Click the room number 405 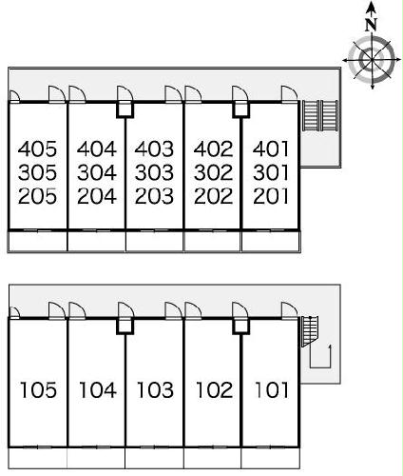coord(37,149)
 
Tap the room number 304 coord(97,172)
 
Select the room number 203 coord(154,196)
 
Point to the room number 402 coord(213,149)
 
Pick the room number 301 coord(271,172)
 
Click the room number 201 coord(271,196)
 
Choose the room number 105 coord(38,390)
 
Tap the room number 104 coord(98,390)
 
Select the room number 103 coord(155,390)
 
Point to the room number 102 coord(214,390)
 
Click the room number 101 coord(272,390)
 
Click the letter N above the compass coord(371,25)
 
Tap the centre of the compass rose coord(372,60)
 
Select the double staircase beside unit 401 coord(320,115)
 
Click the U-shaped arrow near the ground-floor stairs coord(320,367)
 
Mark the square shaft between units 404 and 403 coord(125,109)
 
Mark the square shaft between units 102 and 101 coord(240,326)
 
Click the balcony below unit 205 coord(38,241)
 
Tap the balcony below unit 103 coord(154,458)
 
